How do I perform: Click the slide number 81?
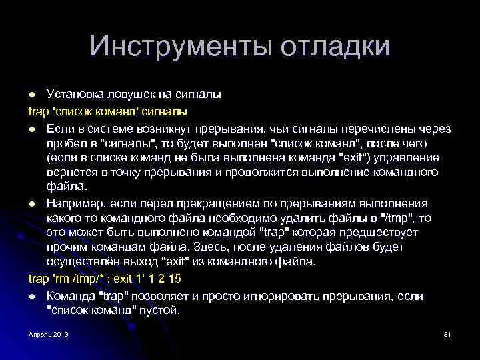447,333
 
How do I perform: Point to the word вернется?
71,172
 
